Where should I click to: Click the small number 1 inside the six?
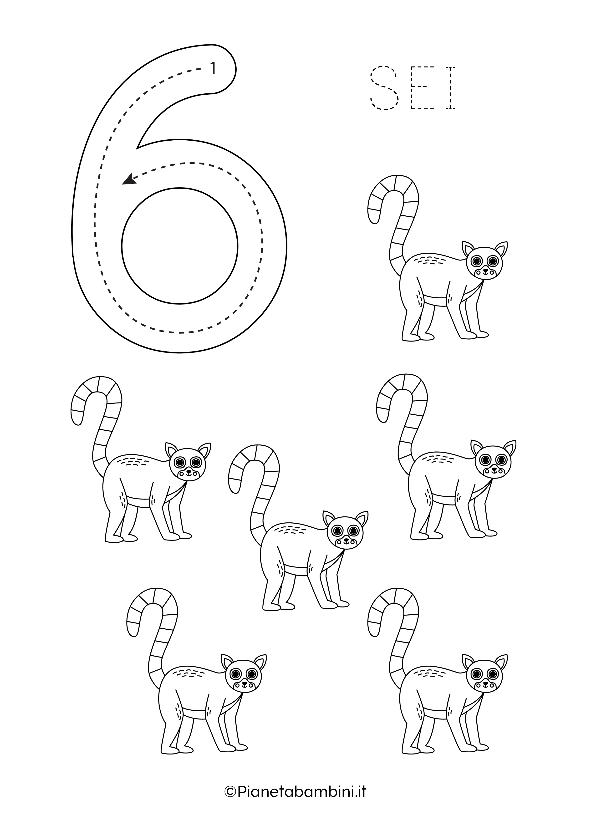213,68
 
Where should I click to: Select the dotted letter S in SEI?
384,88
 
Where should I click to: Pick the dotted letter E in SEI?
419,88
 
